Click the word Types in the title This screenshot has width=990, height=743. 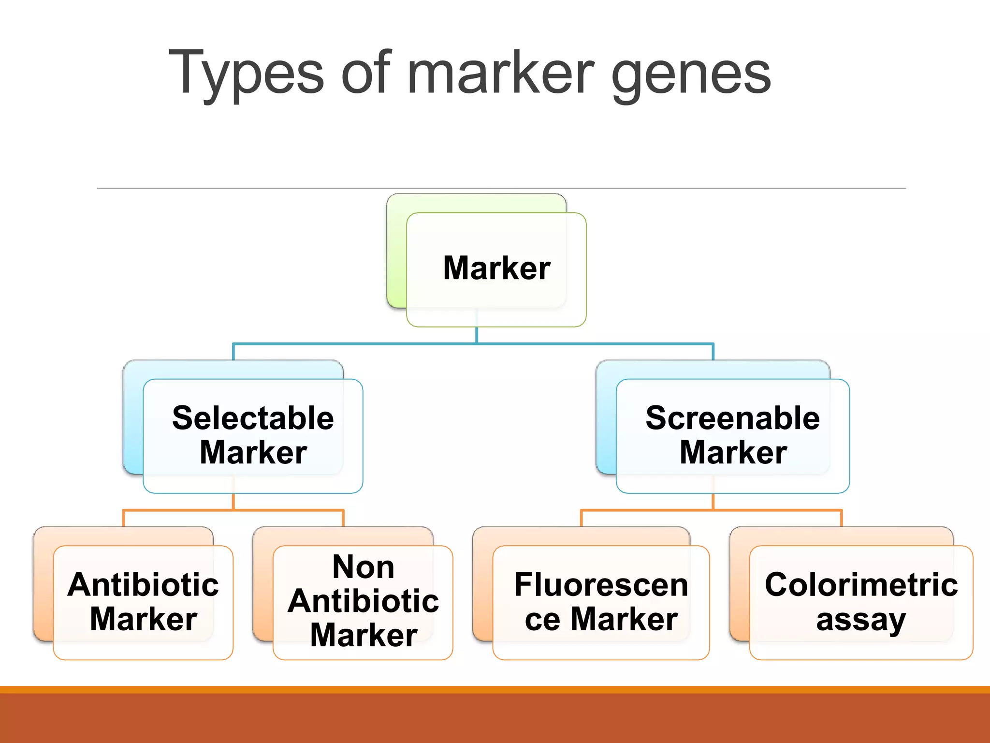coord(246,74)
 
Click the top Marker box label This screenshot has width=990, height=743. coord(496,268)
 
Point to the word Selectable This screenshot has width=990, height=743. coord(253,418)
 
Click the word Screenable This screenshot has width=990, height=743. coord(732,418)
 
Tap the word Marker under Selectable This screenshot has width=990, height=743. coord(253,453)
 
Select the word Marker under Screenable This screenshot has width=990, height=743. coord(733,453)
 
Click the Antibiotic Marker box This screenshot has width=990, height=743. coord(143,602)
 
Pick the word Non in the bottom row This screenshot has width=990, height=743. coord(364,567)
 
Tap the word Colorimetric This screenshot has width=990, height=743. coord(861,584)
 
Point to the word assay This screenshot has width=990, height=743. coord(860,620)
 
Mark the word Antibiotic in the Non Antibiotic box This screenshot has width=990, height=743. coord(364,601)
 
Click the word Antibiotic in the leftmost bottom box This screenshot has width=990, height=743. coord(143,584)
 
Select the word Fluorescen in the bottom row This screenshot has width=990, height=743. coord(601,584)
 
